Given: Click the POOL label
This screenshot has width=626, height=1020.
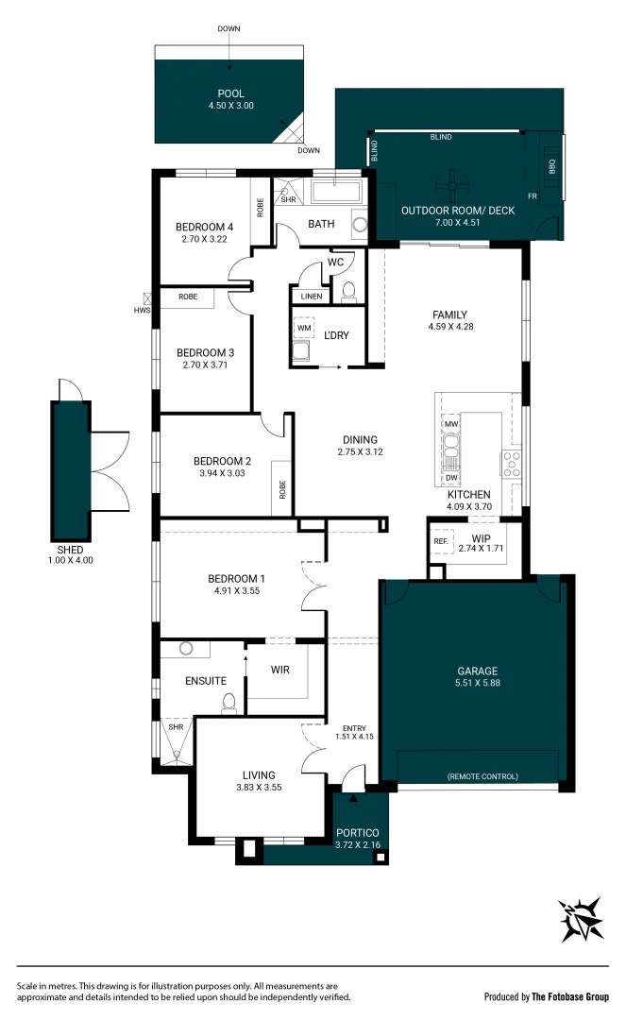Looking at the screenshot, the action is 230,93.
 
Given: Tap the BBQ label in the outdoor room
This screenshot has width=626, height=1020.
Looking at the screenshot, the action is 552,166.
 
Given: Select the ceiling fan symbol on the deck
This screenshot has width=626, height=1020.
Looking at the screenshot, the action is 451,185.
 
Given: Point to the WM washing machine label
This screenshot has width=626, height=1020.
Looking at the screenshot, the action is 304,328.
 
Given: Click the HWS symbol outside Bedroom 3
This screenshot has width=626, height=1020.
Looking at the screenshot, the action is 147,299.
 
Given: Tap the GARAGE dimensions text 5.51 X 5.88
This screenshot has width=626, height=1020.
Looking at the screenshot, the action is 478,683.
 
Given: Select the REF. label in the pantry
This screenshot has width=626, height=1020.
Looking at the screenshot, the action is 441,541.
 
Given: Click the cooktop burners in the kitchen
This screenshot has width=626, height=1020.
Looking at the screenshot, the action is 511,465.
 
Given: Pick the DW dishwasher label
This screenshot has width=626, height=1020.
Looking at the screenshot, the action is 451,478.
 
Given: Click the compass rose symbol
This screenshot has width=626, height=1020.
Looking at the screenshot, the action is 581,919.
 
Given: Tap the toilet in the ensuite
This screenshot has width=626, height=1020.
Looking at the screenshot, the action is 228,703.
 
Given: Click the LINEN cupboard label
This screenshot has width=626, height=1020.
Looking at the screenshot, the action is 312,296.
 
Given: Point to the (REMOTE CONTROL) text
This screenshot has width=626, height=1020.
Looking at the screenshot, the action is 483,776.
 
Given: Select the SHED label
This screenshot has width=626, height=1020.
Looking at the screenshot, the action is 70,550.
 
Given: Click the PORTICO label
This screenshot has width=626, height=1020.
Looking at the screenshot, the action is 358,833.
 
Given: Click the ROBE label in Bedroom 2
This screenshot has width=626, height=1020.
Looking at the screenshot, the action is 282,489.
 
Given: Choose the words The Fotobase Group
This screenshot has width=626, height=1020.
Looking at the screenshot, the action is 570,996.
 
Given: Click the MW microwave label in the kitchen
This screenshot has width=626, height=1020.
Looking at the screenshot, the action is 451,423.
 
